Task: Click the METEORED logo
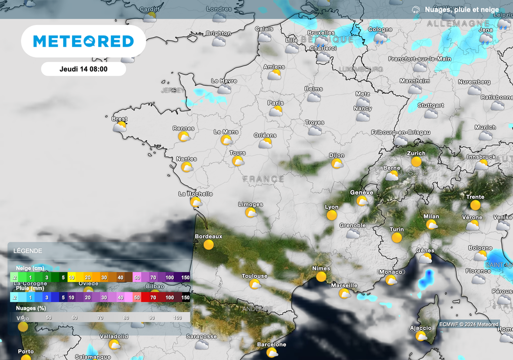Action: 83,41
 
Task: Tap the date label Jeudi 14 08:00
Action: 83,69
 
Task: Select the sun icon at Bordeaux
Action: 208,245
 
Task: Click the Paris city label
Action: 276,103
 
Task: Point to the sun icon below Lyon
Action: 331,216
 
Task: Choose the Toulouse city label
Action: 254,276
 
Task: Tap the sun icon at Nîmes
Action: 321,277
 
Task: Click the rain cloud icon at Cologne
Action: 380,39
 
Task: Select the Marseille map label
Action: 344,285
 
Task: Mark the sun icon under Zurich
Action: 416,162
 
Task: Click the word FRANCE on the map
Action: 264,179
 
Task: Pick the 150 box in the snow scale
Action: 185,277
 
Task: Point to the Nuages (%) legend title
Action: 31,308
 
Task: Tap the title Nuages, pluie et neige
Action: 461,10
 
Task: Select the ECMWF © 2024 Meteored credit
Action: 469,324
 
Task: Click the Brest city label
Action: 119,119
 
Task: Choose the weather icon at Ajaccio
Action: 421,336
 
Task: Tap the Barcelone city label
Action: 272,344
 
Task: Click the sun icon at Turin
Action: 397,238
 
